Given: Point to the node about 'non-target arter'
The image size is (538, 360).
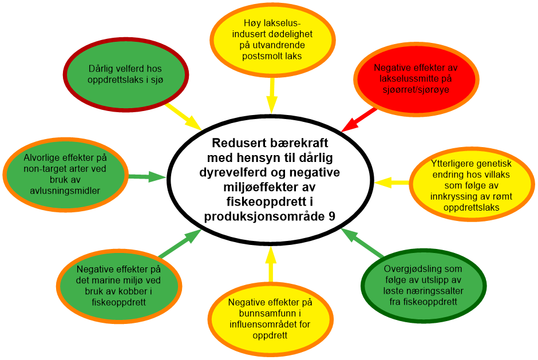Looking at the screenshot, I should pyautogui.click(x=65, y=174).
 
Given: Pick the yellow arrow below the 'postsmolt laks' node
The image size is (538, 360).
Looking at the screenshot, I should pyautogui.click(x=271, y=95).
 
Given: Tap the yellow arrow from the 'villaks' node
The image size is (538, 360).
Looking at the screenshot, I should pyautogui.click(x=392, y=183).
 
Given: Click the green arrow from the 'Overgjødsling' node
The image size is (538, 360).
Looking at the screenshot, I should pyautogui.click(x=362, y=242).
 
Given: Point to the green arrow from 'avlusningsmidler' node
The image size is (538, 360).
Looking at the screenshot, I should pyautogui.click(x=147, y=177).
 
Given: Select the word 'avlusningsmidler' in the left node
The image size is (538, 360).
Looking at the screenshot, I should pyautogui.click(x=65, y=191).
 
